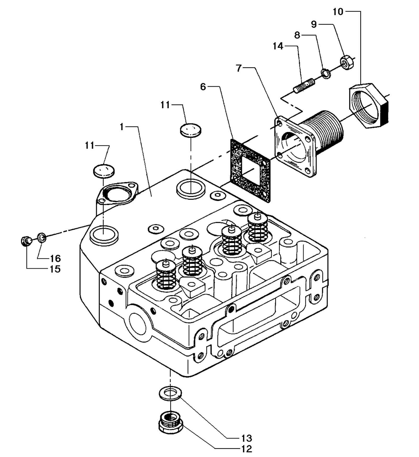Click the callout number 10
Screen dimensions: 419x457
coord(338,12)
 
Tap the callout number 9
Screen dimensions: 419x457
coord(314,24)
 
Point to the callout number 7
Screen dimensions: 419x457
coord(239,68)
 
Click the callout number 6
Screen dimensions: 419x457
coord(203,87)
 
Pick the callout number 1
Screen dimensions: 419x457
coord(122,127)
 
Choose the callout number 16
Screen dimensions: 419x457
coord(55,258)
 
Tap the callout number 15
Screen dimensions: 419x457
coord(55,269)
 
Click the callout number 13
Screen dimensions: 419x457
coord(246,438)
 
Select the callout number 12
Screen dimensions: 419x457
coord(246,449)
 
